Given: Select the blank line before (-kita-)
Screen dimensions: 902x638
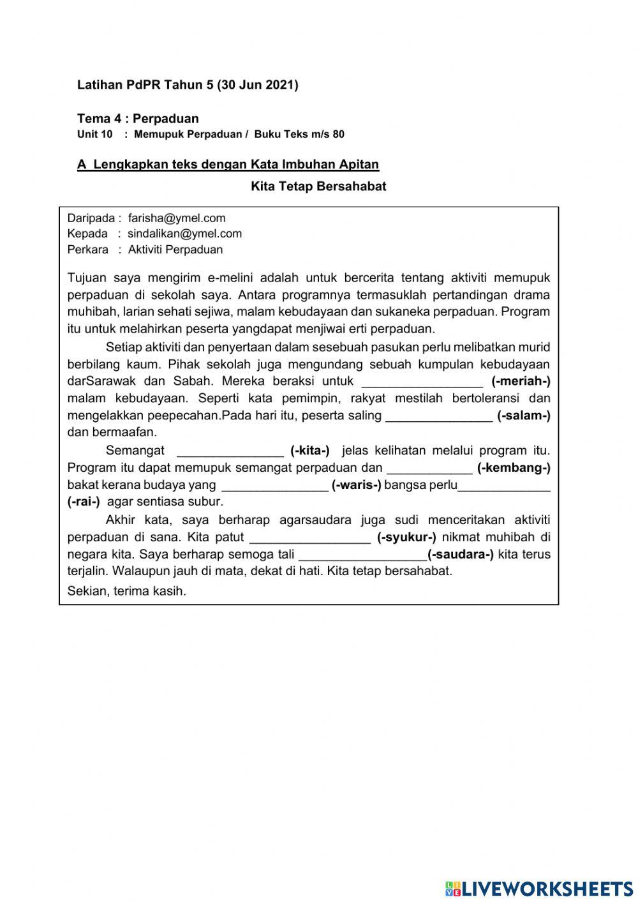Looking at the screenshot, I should tap(230, 451).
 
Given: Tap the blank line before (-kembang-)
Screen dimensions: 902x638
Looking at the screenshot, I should tap(429, 468).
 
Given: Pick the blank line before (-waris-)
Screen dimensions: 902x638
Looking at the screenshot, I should tap(274, 485).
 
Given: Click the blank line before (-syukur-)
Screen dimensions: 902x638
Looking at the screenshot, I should tap(309, 537).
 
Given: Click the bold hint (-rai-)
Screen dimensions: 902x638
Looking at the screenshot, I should tap(84, 502).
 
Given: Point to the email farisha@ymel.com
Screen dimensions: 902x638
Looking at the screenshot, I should tap(177, 218).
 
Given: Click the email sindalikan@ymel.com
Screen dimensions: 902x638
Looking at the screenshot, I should tap(184, 234).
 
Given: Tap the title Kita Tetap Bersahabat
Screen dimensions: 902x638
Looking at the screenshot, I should tap(318, 186).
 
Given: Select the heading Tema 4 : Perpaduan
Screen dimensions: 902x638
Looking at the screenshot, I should tap(138, 119).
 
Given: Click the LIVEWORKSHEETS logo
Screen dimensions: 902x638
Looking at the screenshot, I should tap(539, 888).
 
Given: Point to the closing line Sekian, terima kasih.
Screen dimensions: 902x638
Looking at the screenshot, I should tap(127, 591).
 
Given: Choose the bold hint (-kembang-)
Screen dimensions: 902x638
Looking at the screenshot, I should tap(514, 468).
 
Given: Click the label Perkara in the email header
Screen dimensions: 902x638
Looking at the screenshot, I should tap(88, 250).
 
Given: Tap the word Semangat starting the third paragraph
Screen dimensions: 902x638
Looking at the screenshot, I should tap(135, 451).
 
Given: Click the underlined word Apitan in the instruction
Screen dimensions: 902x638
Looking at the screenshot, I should tap(359, 165).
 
